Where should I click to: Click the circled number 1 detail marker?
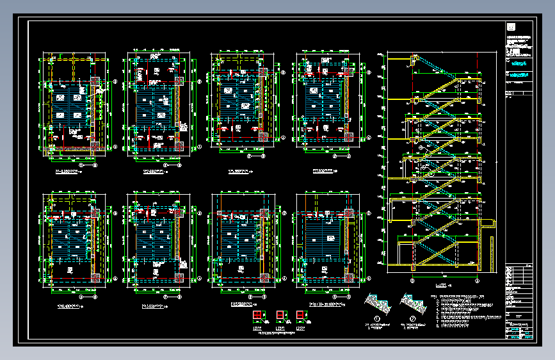(x=377, y=318)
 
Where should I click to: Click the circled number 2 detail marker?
(x=414, y=318)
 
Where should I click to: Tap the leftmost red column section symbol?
(x=257, y=316)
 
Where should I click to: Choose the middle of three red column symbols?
(x=279, y=316)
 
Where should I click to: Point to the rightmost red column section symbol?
(x=300, y=316)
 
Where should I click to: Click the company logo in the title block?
(x=511, y=27)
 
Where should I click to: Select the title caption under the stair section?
(x=441, y=286)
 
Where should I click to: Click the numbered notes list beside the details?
(x=464, y=311)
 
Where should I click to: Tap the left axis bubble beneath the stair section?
(x=412, y=280)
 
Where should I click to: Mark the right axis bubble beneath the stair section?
(x=477, y=280)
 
